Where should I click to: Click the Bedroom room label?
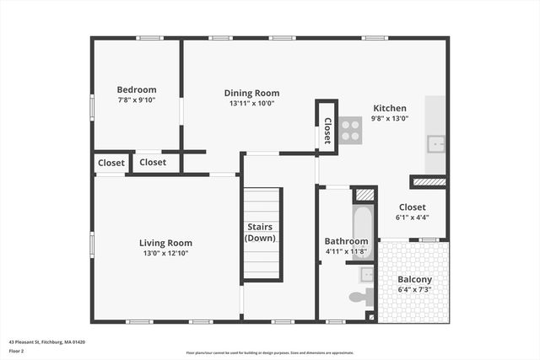click(136, 89)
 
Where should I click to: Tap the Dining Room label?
click(251, 93)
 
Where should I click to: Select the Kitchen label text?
click(390, 108)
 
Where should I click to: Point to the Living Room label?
click(165, 243)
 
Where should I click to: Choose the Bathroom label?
click(346, 241)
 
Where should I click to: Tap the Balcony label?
click(414, 279)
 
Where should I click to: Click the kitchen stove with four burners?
click(351, 129)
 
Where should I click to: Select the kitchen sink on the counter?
click(435, 143)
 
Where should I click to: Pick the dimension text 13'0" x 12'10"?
click(165, 253)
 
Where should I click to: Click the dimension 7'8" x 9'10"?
click(136, 99)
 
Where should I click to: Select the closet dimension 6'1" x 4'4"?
click(412, 217)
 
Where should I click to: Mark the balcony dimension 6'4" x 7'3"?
click(414, 289)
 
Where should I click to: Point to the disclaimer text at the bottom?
click(270, 353)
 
